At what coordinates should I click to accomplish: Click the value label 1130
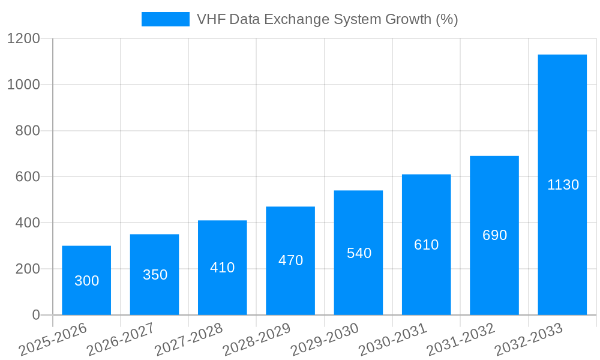point(563,185)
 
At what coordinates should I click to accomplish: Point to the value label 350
point(155,275)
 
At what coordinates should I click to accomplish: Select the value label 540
point(359,253)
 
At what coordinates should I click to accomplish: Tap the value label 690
point(494,235)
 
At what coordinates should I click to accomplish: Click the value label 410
point(222,268)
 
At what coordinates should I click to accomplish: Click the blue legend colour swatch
point(165,19)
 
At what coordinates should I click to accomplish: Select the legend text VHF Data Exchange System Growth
point(327,19)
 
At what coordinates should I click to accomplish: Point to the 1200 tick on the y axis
point(23,39)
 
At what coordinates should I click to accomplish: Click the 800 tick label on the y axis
point(28,131)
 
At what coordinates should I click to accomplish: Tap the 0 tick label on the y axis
point(35,315)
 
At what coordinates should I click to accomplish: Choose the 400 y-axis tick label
point(28,223)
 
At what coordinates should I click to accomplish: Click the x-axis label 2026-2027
point(121,339)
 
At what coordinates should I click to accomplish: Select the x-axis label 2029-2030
point(325,339)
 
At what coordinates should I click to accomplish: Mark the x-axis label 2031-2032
point(461,339)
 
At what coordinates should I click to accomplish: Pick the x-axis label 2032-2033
point(529,339)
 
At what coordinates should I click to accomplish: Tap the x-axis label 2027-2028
point(188,339)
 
